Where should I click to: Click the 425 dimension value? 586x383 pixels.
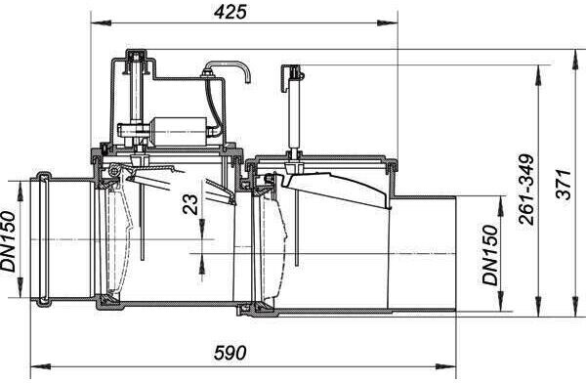pyautogui.click(x=230, y=12)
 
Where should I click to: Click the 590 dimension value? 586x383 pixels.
pyautogui.click(x=230, y=353)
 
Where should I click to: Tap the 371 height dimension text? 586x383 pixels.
pyautogui.click(x=564, y=185)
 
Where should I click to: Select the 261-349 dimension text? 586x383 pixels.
pyautogui.click(x=527, y=190)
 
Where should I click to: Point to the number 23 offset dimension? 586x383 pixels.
pyautogui.click(x=190, y=204)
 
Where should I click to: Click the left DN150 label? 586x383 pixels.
pyautogui.click(x=8, y=241)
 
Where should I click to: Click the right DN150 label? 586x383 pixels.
pyautogui.click(x=491, y=255)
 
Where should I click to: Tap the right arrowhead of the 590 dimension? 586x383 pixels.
pyautogui.click(x=446, y=366)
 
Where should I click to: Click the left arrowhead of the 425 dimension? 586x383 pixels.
pyautogui.click(x=102, y=23)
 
